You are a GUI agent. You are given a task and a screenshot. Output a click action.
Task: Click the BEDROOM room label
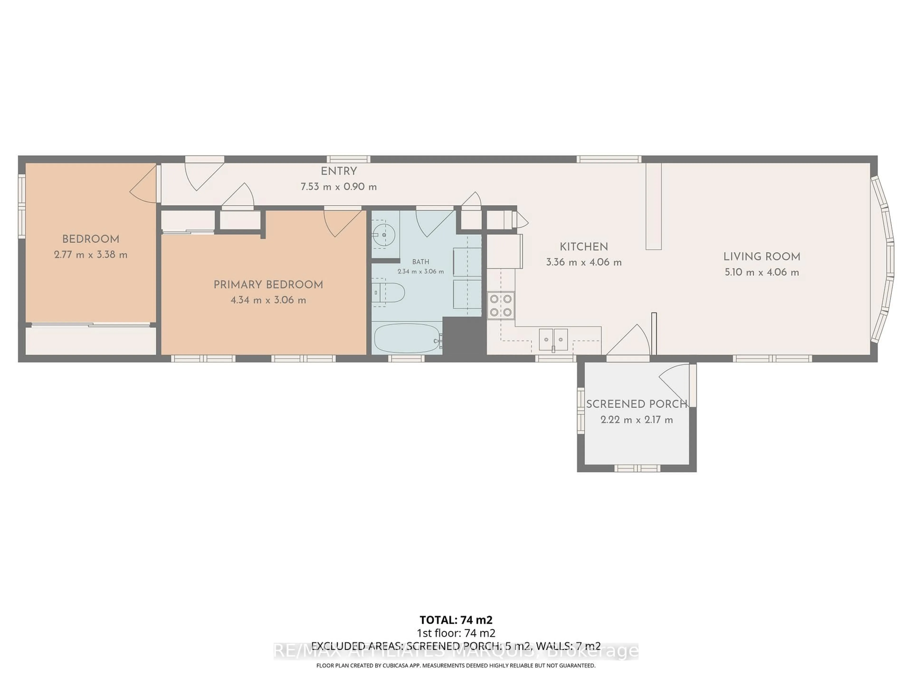[x=91, y=239]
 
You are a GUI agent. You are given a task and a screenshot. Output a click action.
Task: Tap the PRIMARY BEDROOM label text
[x=268, y=285]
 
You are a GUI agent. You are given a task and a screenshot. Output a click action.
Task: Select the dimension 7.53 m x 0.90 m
[x=338, y=187]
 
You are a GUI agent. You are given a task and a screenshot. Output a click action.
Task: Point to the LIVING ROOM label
[x=761, y=256]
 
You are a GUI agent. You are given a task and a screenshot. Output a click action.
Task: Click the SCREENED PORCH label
[x=636, y=404]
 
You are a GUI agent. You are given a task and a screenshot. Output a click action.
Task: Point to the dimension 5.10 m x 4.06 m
[x=761, y=272]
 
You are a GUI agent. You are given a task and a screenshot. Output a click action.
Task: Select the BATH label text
[x=421, y=262]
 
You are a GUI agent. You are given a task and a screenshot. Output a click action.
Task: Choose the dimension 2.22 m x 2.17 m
[x=636, y=420]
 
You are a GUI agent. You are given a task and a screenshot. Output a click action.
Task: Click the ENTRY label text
[x=338, y=171]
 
